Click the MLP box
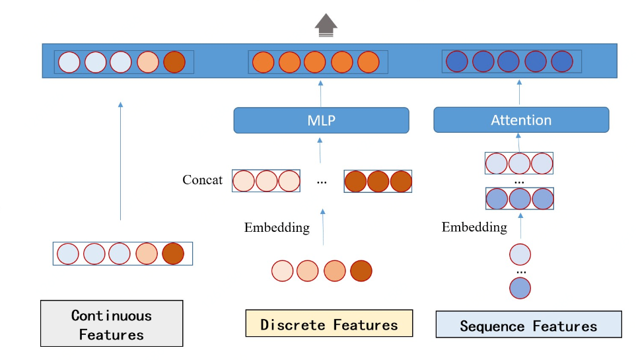[321, 120]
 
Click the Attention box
[520, 120]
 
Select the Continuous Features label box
[112, 324]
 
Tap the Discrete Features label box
[329, 324]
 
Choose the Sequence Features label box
[528, 325]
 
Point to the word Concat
[203, 180]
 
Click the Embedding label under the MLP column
[277, 227]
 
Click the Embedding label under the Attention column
[474, 227]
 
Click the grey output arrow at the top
[326, 24]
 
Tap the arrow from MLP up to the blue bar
[320, 92]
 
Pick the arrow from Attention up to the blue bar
[519, 92]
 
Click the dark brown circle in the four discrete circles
[361, 271]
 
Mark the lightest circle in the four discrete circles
[282, 271]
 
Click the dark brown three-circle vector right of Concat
[378, 181]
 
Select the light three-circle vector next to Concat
[266, 181]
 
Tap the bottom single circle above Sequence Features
[520, 288]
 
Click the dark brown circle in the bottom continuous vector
[173, 254]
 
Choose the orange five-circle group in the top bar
[318, 62]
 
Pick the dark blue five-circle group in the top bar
[512, 61]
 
